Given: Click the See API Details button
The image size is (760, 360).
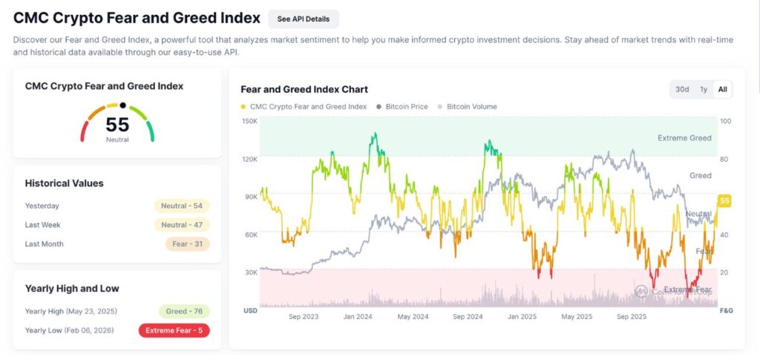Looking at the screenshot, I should (x=303, y=19).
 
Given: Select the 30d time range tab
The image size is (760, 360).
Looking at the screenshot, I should (x=681, y=89).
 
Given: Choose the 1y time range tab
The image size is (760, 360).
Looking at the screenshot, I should (x=703, y=89).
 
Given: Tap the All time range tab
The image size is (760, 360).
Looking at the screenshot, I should (x=722, y=89).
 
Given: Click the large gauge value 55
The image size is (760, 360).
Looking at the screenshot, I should (x=117, y=124).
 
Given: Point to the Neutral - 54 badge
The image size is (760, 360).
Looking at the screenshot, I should (x=182, y=206).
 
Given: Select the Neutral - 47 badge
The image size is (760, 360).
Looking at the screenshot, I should (x=182, y=225).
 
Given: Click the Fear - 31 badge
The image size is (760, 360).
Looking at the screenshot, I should (x=187, y=244).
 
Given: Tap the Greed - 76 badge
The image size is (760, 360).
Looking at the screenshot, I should (x=184, y=311).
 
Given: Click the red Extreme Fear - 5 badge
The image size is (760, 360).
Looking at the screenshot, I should (x=174, y=330).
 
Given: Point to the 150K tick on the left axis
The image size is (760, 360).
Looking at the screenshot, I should (x=250, y=121).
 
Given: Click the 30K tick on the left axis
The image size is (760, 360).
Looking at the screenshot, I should (x=250, y=272).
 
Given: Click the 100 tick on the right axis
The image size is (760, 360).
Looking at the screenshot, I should (x=725, y=121).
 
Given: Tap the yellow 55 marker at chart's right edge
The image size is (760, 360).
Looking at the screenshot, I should (x=724, y=201).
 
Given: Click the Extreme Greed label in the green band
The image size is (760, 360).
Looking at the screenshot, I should (x=684, y=138).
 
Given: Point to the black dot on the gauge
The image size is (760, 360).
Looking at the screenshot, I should (x=123, y=106).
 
